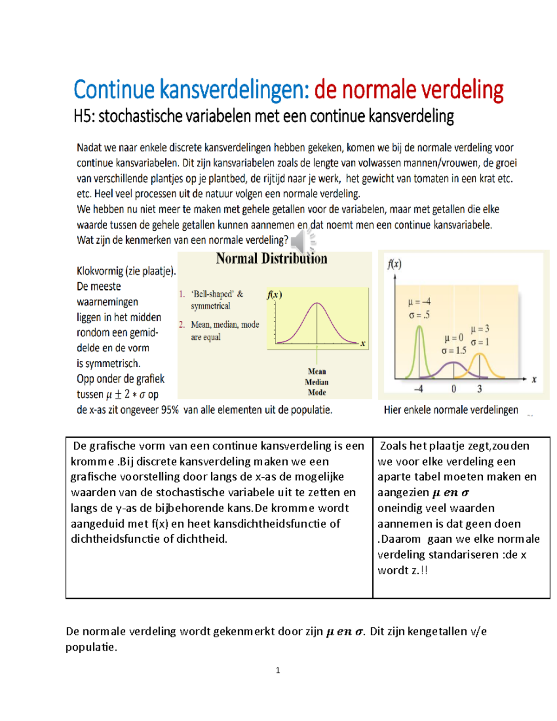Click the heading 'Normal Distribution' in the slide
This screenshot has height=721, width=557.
pos(272,259)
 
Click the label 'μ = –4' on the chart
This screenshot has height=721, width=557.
pos(419,302)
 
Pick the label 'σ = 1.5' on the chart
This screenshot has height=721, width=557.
pos(453,351)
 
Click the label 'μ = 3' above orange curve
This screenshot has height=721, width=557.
pos(480,329)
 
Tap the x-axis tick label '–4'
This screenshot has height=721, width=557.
pos(418,389)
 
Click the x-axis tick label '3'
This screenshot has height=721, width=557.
pos(479,389)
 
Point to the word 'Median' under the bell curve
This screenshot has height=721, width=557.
pos(317,382)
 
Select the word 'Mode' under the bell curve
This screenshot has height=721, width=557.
pos(317,392)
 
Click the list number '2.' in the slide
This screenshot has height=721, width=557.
pos(182,325)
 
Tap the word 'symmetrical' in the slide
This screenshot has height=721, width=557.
pos(210,306)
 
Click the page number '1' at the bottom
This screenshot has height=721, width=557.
pos(278,670)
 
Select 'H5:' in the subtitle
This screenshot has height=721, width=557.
pos(84,117)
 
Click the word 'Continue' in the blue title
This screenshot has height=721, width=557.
pos(114,90)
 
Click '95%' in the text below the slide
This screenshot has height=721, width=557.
pos(169,410)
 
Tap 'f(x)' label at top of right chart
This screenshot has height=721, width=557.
pos(395,264)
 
